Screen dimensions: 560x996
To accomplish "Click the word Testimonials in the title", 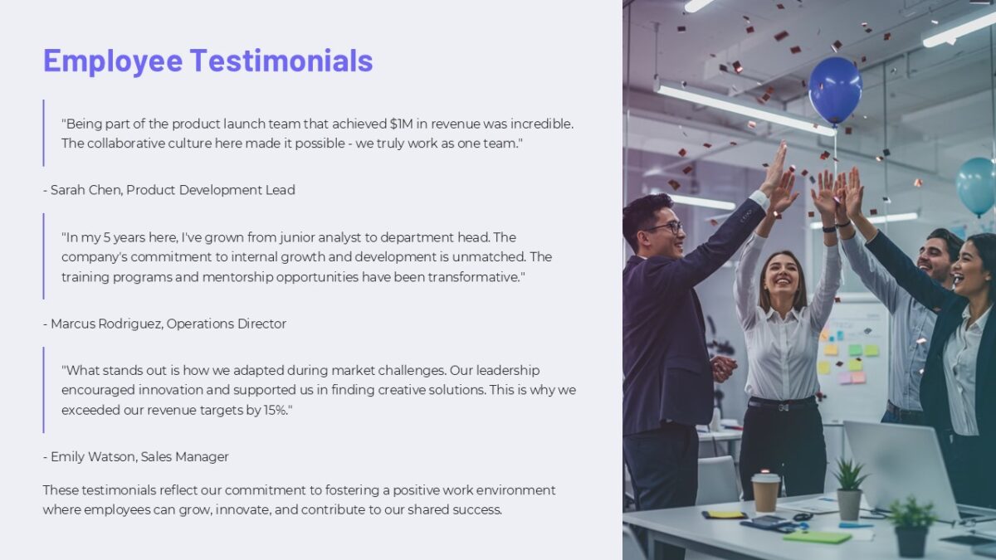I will (281, 61).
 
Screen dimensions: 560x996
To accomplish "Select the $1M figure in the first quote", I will (404, 124).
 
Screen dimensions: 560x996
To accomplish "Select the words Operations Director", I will (226, 324).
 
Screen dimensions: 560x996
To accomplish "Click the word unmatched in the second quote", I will (491, 257).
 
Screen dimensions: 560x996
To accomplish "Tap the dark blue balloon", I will (835, 89).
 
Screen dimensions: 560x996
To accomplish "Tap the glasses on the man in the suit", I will (663, 226).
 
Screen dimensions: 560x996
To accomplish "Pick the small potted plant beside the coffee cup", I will (849, 489).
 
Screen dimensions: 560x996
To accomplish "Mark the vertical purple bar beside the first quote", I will (43, 133).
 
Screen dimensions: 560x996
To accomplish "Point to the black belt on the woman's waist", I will (781, 403).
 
